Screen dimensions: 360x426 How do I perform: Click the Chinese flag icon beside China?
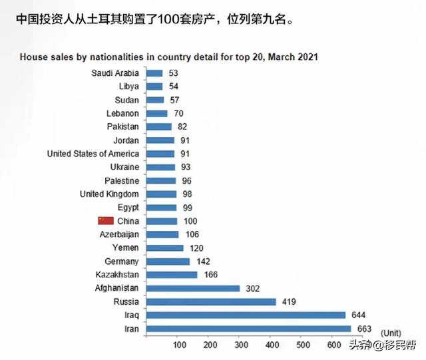click(x=106, y=220)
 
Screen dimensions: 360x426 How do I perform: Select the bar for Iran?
click(x=248, y=328)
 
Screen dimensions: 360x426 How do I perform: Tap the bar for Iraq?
click(x=245, y=315)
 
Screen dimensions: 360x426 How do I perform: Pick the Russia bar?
click(x=210, y=301)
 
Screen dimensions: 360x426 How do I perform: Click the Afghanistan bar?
click(x=192, y=288)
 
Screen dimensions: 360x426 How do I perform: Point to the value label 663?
click(x=364, y=328)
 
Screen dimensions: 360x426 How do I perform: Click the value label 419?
click(x=289, y=301)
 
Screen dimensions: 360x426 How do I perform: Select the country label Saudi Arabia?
click(x=114, y=73)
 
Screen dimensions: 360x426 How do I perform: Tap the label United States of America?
click(x=93, y=154)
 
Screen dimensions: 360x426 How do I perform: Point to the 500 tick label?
click(x=302, y=345)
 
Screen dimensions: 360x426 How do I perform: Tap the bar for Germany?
click(x=168, y=261)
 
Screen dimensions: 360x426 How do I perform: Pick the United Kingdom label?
click(x=109, y=194)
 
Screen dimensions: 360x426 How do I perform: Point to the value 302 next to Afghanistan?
click(x=253, y=288)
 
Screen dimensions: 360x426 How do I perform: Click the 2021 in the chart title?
click(x=307, y=57)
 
